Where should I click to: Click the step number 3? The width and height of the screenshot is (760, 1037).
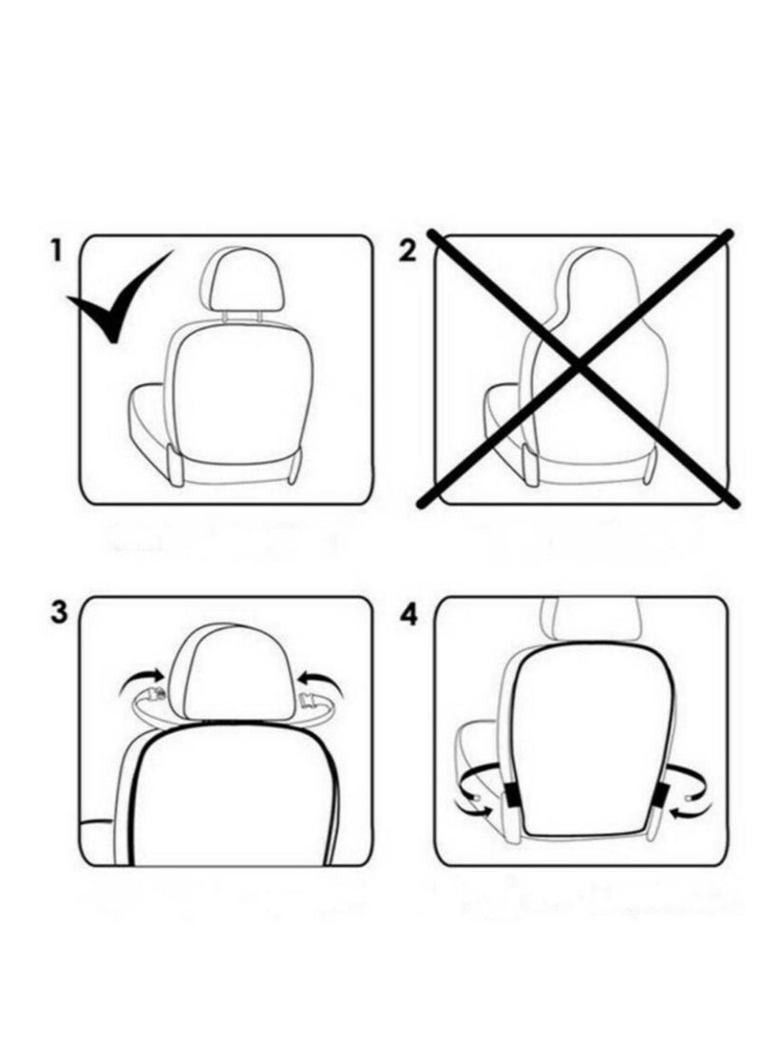pyautogui.click(x=59, y=612)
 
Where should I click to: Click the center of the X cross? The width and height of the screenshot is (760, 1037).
pyautogui.click(x=582, y=366)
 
